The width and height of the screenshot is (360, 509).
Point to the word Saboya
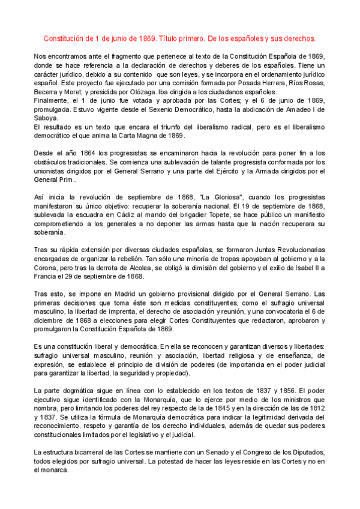[x=47, y=118]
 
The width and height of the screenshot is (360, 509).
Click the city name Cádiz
[x=127, y=215]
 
